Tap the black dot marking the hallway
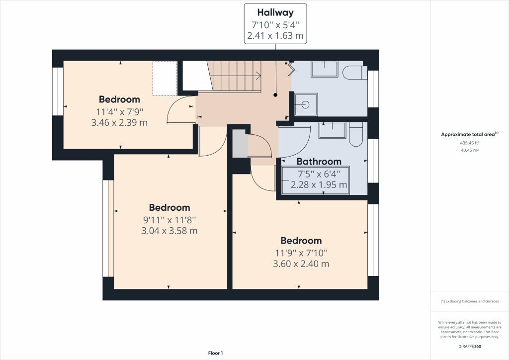275,94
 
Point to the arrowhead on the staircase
258,76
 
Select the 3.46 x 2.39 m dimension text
119,122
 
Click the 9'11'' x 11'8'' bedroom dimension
170,219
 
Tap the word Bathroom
319,162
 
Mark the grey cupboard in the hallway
240,143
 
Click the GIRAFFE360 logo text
470,346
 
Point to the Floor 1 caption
215,353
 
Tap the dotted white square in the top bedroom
165,78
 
